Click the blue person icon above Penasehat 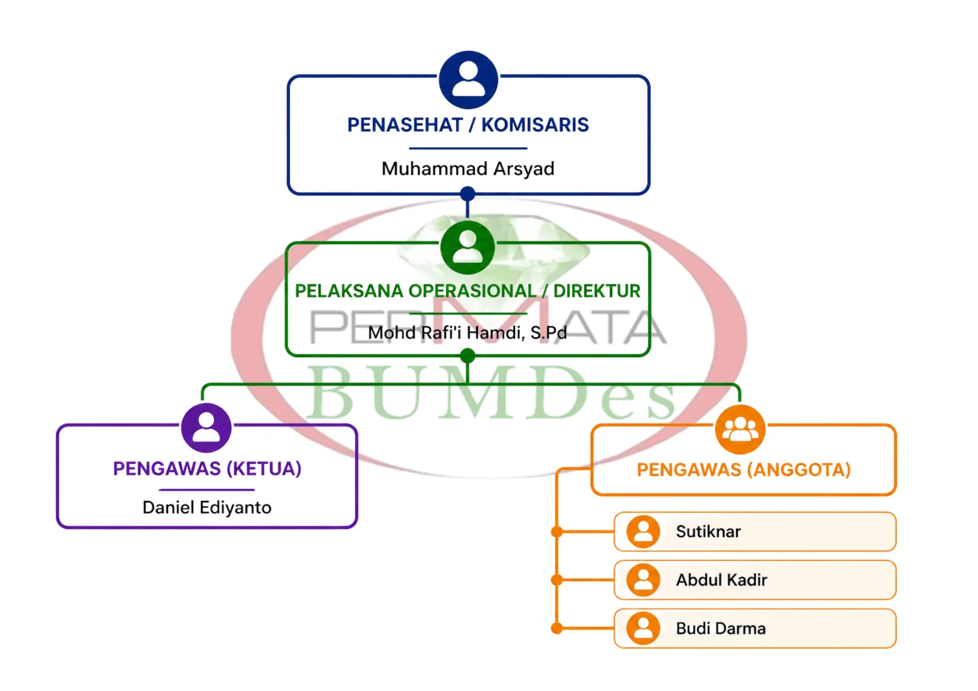468,79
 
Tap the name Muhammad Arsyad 468,169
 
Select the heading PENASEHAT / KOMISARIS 468,125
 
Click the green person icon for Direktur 468,247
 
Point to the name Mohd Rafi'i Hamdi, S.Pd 468,333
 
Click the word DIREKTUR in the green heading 597,291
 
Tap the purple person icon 206,428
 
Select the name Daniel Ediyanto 207,508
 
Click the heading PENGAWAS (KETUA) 207,469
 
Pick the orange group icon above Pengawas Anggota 740,430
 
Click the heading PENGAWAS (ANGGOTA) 744,470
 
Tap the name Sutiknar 708,532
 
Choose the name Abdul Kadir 722,580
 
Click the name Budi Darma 721,629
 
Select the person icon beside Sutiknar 643,532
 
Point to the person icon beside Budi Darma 643,629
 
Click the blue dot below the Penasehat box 468,194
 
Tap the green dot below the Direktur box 468,356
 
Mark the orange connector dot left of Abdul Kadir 557,580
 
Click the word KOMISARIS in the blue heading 535,125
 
